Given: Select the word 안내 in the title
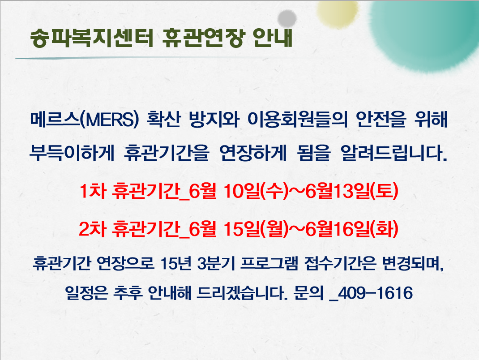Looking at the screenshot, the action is (x=273, y=38).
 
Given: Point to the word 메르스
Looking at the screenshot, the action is (x=56, y=119).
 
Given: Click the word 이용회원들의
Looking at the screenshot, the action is (x=297, y=119).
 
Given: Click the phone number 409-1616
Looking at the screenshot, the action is (x=375, y=293).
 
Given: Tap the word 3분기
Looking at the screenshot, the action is (x=216, y=263).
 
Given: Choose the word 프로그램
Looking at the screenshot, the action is (x=269, y=263).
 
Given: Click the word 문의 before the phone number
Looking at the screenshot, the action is (x=308, y=293).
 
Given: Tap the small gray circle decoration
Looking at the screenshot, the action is (x=287, y=18).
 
